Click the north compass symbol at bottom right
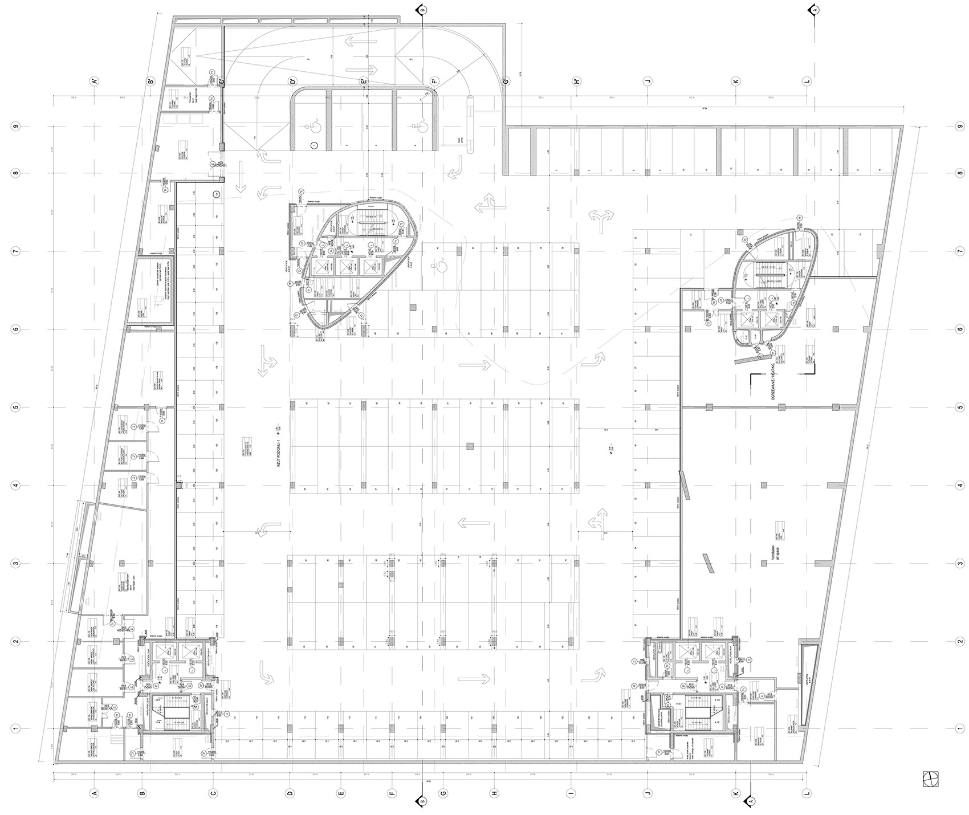(x=930, y=777)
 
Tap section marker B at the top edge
(x=421, y=10)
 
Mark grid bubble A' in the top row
(x=95, y=81)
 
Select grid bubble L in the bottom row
(x=807, y=792)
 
